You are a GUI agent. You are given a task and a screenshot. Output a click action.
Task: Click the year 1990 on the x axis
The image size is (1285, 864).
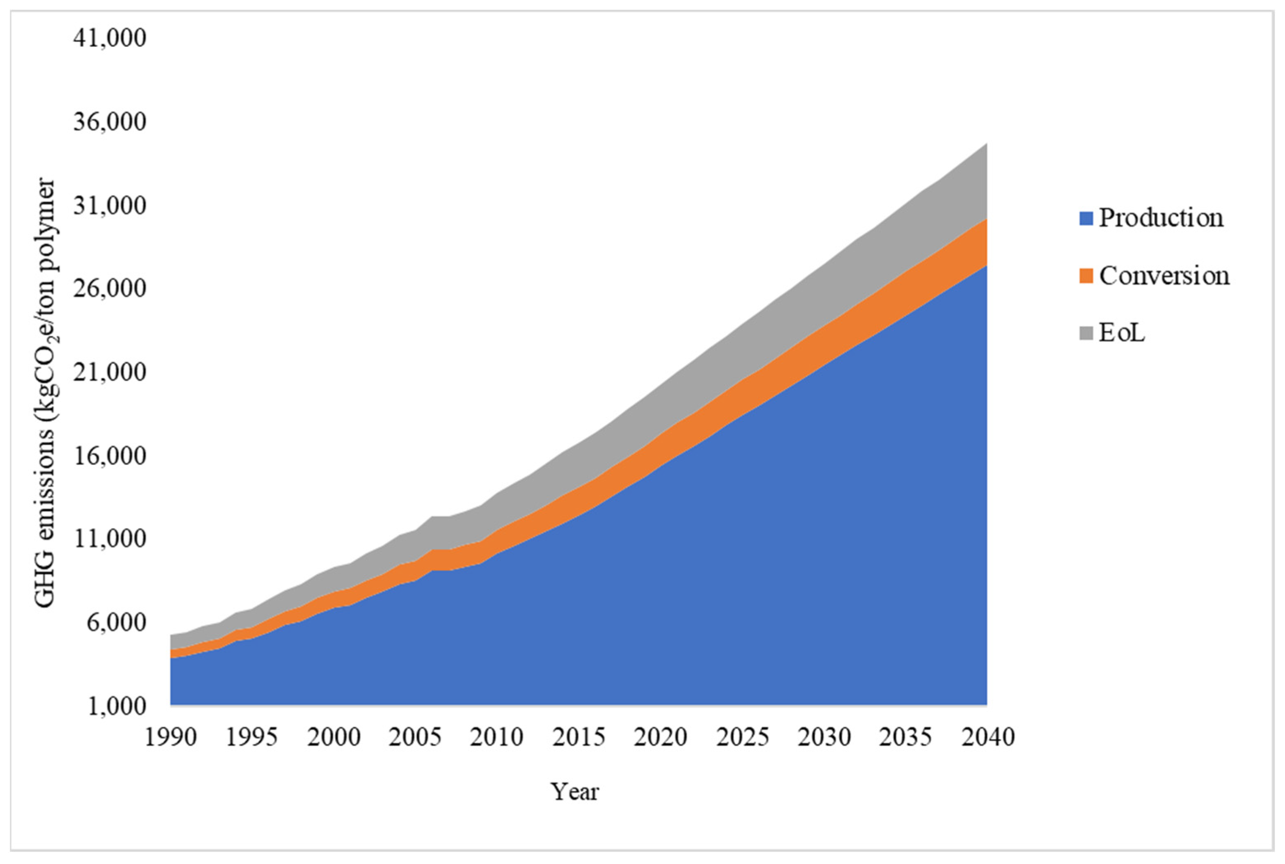point(170,737)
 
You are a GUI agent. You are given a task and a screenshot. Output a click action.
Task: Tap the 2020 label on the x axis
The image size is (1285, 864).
point(660,737)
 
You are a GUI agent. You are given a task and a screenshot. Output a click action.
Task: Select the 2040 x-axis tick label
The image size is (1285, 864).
point(988,737)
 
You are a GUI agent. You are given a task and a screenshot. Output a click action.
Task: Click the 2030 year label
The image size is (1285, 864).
point(824,737)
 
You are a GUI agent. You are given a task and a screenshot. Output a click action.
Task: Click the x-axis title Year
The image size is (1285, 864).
point(575,792)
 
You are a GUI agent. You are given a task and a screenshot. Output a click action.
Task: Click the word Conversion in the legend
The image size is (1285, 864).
point(1164,276)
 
